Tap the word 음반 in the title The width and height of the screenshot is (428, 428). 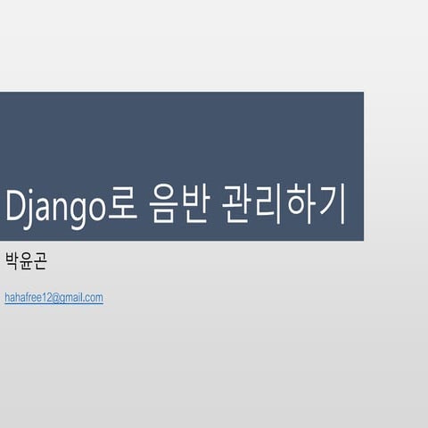(x=178, y=206)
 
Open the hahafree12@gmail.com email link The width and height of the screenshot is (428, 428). (x=53, y=298)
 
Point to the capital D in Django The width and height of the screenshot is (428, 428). (x=17, y=206)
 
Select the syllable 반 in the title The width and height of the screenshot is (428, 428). (x=195, y=206)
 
